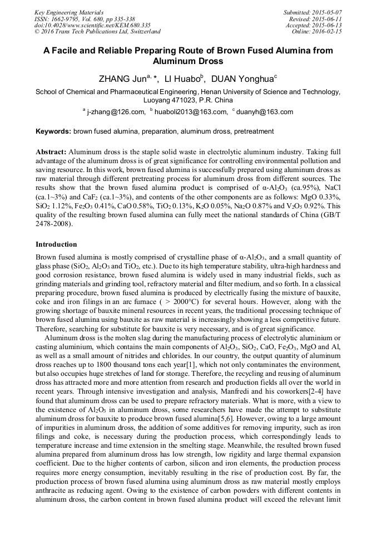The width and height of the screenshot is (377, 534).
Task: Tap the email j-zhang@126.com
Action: (x=116, y=112)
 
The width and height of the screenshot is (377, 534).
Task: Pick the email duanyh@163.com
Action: (x=264, y=112)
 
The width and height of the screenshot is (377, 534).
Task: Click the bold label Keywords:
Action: (x=53, y=132)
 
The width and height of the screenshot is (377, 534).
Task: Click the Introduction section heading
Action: (x=56, y=244)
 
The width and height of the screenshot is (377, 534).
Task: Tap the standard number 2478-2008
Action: (x=55, y=224)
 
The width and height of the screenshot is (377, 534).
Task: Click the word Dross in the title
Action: (x=210, y=61)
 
